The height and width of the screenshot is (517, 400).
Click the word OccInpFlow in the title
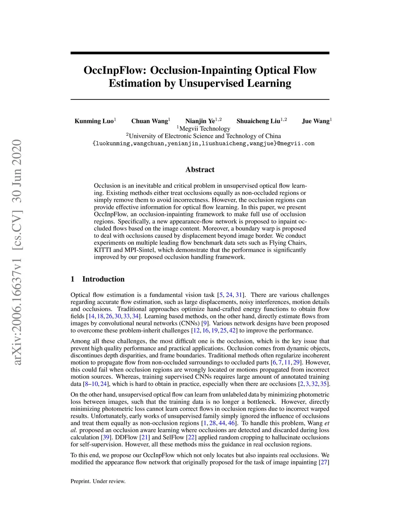115,70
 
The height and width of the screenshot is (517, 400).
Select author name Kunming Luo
94,121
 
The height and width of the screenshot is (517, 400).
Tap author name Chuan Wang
149,121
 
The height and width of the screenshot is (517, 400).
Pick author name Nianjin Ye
200,121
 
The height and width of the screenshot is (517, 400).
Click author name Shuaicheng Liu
258,121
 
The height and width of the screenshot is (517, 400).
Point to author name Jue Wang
316,121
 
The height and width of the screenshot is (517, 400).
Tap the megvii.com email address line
203,144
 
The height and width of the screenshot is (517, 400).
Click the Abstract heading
200,170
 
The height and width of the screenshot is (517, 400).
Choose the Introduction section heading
103,279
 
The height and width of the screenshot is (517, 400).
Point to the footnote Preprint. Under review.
98,481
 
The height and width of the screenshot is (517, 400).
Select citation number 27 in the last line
324,462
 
